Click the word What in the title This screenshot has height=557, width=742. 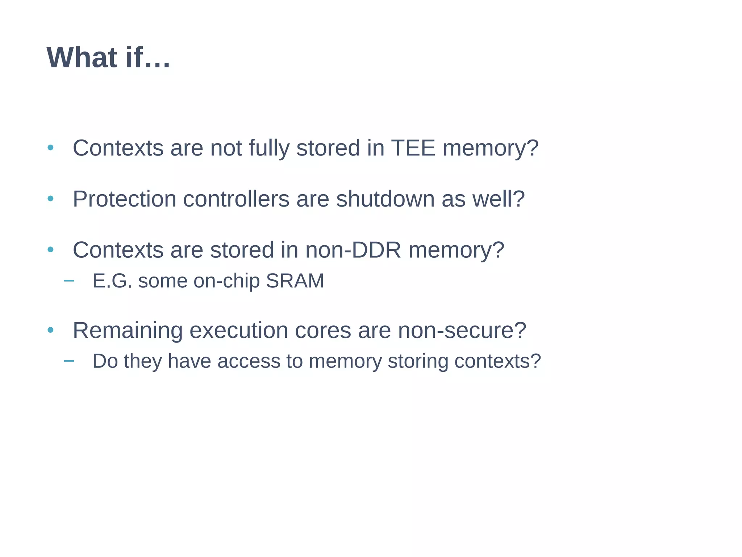pyautogui.click(x=82, y=58)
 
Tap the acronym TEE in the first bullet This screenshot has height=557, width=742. pyautogui.click(x=413, y=148)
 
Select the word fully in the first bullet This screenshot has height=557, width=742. pyautogui.click(x=269, y=149)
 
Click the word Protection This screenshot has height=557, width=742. pyautogui.click(x=125, y=199)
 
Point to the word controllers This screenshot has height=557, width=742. pyautogui.click(x=236, y=199)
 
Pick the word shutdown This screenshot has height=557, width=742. pyautogui.click(x=385, y=199)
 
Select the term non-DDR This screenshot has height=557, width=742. pyautogui.click(x=353, y=250)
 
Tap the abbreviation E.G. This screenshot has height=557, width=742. pyautogui.click(x=112, y=281)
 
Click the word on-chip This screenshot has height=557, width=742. pyautogui.click(x=226, y=281)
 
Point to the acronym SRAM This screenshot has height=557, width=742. pyautogui.click(x=295, y=281)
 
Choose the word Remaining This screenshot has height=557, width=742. pyautogui.click(x=128, y=331)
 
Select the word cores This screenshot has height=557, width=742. pyautogui.click(x=323, y=331)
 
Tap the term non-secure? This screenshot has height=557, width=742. pyautogui.click(x=462, y=331)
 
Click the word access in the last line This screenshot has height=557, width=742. pyautogui.click(x=249, y=361)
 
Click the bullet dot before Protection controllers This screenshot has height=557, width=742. pyautogui.click(x=51, y=199)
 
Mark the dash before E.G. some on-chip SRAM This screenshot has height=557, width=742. pyautogui.click(x=68, y=280)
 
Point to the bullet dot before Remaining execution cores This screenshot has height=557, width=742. pyautogui.click(x=51, y=330)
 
